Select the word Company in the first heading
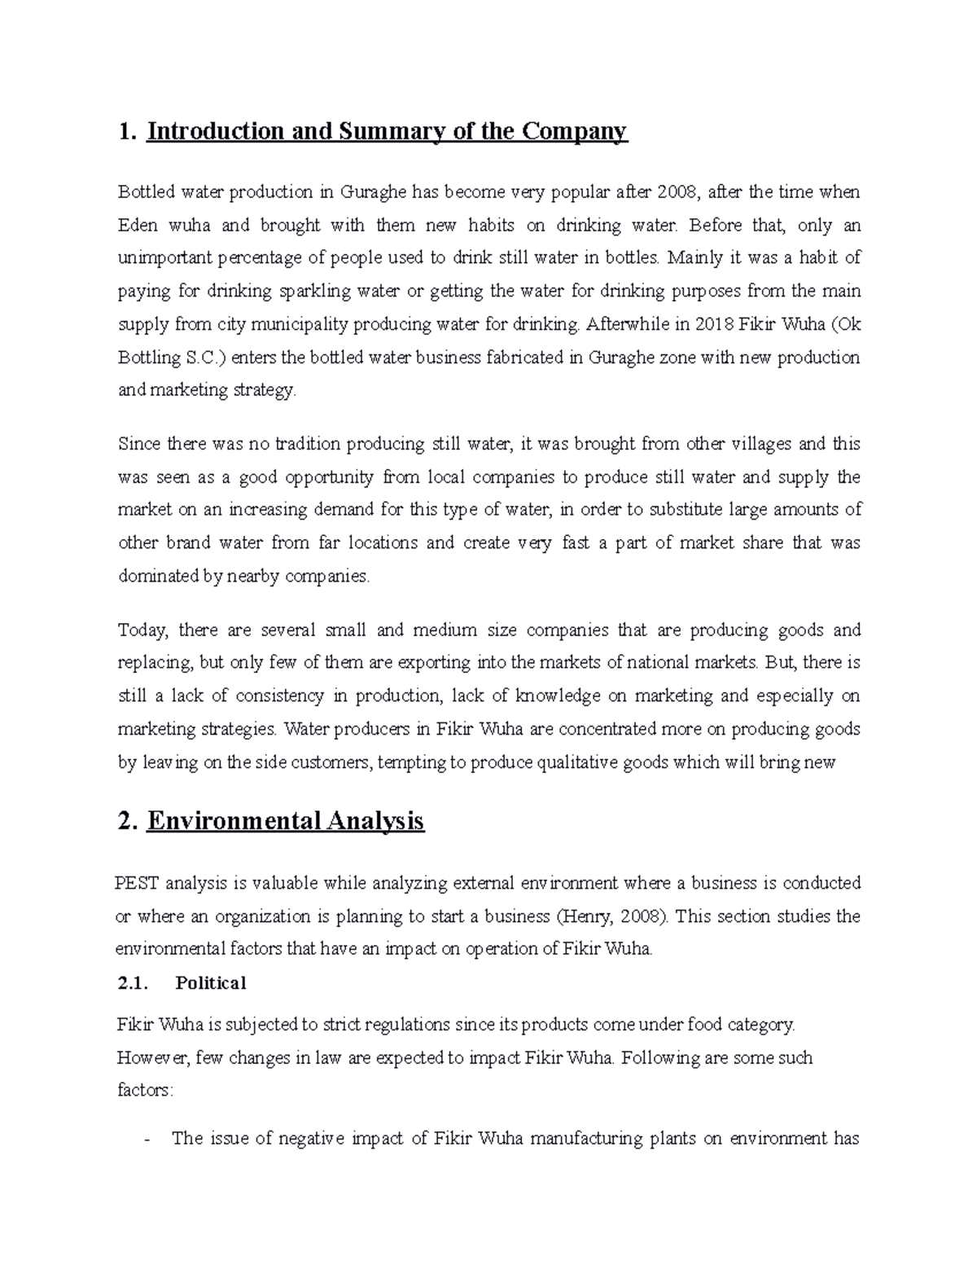(580, 131)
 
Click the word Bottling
(147, 357)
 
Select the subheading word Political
(210, 983)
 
